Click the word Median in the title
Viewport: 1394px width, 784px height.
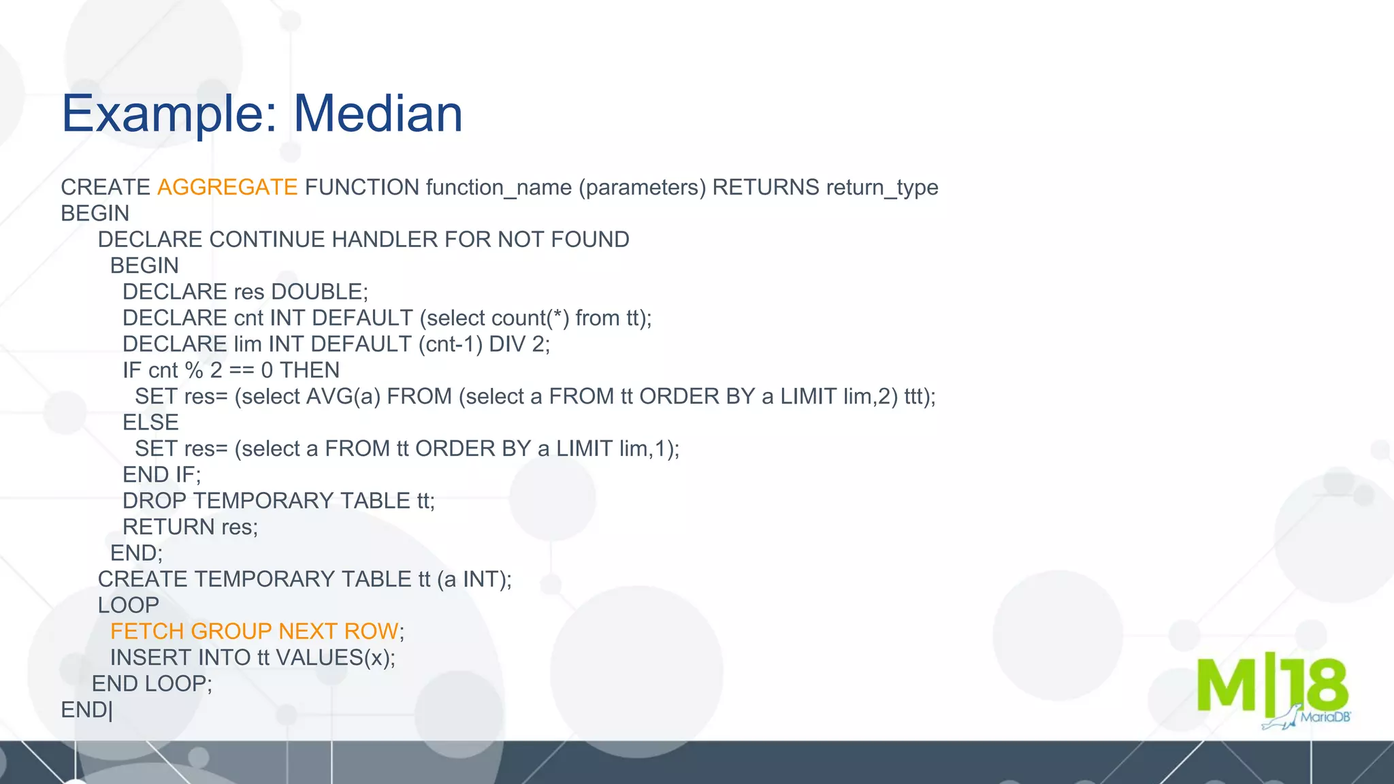pos(378,114)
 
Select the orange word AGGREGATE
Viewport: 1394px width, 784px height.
pos(227,187)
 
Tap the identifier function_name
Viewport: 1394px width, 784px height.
pos(499,187)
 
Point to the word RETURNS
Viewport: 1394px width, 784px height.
pos(765,187)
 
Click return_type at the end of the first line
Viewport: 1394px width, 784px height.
pos(882,187)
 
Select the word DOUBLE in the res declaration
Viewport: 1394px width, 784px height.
pos(319,292)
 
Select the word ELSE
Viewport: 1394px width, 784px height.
pos(150,423)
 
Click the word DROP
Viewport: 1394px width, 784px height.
pos(154,501)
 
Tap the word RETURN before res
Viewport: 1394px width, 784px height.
pos(168,527)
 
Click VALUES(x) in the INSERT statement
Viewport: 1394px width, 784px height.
pos(335,657)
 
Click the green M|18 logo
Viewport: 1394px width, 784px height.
pos(1271,686)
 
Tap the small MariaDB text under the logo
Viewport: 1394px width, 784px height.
pos(1325,717)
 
